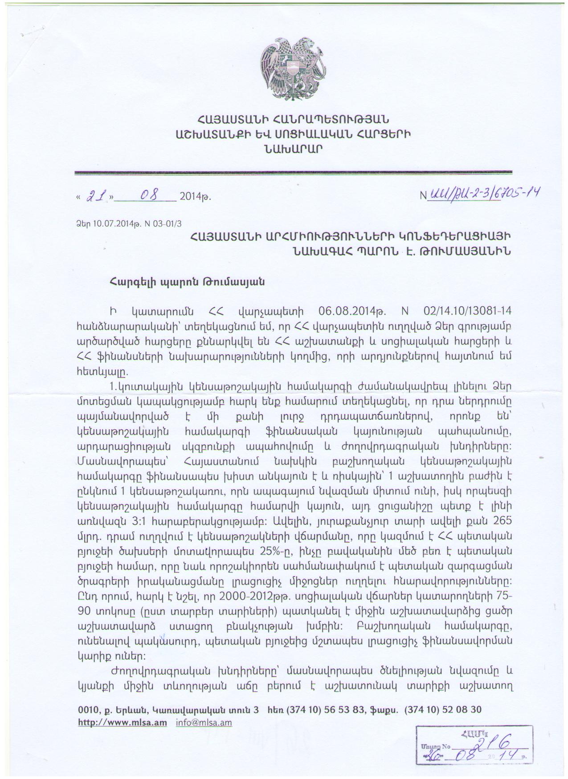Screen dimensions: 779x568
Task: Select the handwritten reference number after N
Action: (483, 193)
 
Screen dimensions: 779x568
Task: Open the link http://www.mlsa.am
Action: (123, 722)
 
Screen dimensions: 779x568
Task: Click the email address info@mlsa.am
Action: (204, 722)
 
